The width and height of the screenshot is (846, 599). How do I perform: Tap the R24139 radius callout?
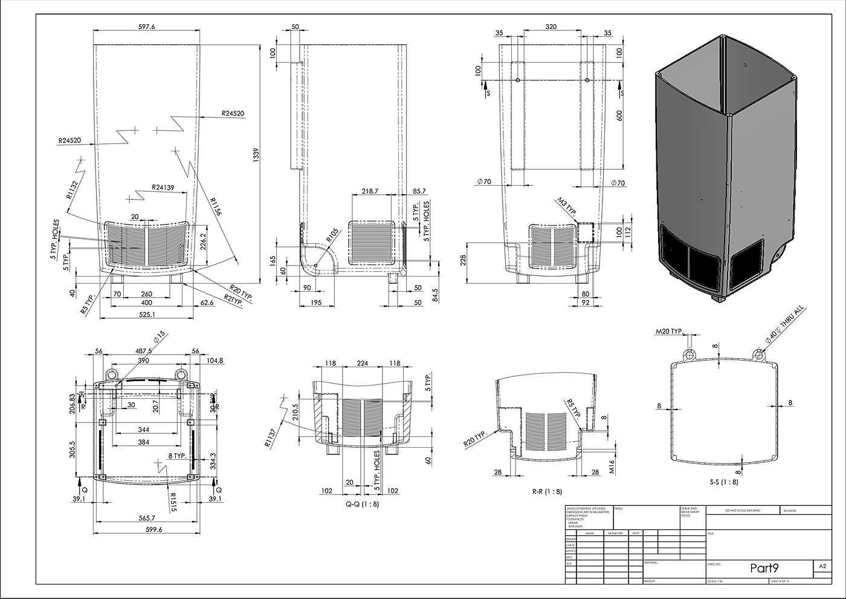(163, 187)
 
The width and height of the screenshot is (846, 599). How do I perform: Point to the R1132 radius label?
(73, 189)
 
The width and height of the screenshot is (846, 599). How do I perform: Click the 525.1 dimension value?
(146, 314)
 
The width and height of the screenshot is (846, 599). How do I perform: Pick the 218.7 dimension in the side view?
(369, 191)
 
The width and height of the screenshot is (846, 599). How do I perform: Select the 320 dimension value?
(551, 27)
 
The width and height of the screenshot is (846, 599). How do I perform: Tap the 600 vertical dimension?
(619, 116)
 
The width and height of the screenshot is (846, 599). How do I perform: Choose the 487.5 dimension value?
(144, 350)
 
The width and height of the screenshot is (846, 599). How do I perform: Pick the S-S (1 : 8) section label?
(723, 482)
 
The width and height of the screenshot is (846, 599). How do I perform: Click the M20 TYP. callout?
(670, 332)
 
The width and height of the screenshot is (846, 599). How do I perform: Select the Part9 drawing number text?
(764, 568)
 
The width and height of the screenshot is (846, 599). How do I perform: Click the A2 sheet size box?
(822, 567)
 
